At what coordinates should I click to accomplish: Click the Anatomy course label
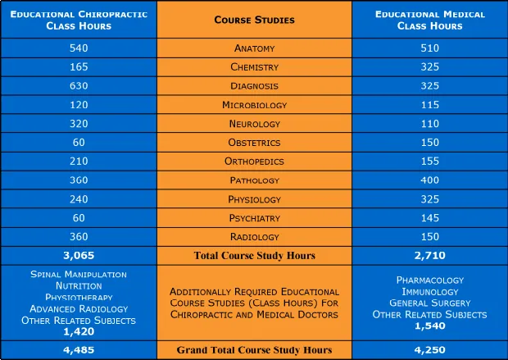click(x=254, y=48)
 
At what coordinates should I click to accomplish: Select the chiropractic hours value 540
click(x=79, y=48)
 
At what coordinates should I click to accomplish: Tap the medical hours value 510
click(x=429, y=48)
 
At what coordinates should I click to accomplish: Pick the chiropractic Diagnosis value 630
click(x=79, y=86)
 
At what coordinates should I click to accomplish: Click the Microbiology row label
click(x=254, y=105)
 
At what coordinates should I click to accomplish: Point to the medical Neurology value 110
click(x=429, y=124)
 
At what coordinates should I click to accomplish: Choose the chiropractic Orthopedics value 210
click(x=79, y=162)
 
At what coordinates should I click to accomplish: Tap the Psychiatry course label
click(x=254, y=218)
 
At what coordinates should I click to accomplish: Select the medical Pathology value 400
click(x=429, y=180)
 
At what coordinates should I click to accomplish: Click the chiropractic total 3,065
click(x=79, y=255)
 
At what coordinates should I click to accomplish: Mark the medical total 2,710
click(x=429, y=255)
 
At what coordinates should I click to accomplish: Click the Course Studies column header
click(x=254, y=19)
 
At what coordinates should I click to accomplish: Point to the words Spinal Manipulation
click(x=79, y=274)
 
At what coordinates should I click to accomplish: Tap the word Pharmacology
click(x=429, y=280)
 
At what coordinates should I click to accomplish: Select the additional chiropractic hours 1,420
click(x=79, y=331)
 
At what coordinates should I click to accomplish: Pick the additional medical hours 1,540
click(x=429, y=326)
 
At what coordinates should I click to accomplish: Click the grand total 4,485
click(x=79, y=350)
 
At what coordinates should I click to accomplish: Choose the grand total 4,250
click(x=429, y=350)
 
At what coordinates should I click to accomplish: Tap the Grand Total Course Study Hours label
click(x=254, y=350)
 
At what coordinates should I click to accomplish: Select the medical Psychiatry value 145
click(x=429, y=218)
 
